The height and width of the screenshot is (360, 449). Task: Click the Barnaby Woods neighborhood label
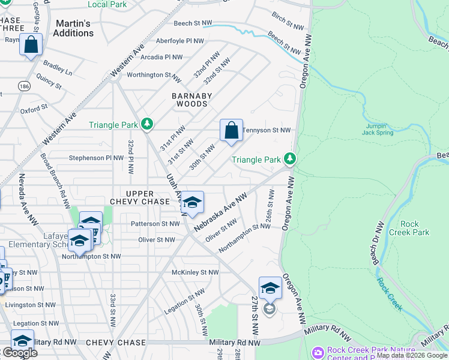[x=190, y=100]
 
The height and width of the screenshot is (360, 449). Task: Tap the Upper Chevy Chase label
[x=140, y=198]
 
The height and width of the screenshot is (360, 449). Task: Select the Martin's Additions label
[x=73, y=28]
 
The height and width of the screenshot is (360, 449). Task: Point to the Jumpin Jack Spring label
[x=378, y=129]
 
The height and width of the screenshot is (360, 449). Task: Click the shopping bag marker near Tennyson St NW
[x=231, y=131]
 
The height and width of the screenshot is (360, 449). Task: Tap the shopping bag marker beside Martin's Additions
[x=31, y=45]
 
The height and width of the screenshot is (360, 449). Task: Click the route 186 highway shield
[x=24, y=86]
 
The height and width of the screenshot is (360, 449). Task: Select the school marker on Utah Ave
[x=192, y=203]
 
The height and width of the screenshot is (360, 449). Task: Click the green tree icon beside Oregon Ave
[x=290, y=159]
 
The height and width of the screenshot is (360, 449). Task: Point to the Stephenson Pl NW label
[x=97, y=158]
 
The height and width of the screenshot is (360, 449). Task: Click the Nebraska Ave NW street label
[x=220, y=214]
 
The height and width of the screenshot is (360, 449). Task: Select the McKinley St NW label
[x=195, y=272]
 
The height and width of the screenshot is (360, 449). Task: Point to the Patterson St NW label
[x=155, y=224]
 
